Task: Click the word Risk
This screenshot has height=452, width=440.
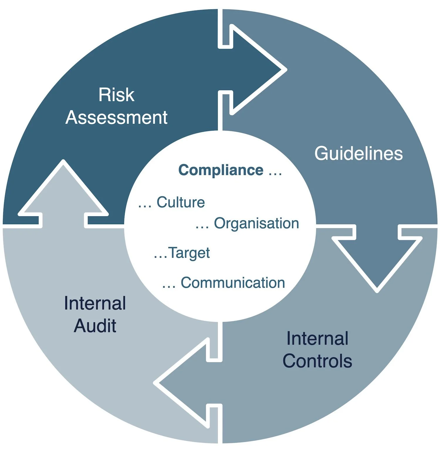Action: (116, 95)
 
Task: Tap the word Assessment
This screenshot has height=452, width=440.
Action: (116, 118)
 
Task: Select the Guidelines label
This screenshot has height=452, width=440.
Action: (358, 154)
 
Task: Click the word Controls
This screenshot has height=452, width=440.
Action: (317, 361)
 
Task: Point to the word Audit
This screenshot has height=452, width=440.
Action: (95, 326)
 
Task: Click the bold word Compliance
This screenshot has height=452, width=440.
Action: (221, 170)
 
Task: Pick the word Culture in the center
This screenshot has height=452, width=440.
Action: (181, 202)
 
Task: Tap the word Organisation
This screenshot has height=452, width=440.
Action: (256, 223)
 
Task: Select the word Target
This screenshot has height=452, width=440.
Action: (189, 253)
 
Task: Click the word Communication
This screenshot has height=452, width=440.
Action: (233, 283)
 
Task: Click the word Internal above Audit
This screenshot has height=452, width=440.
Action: (95, 303)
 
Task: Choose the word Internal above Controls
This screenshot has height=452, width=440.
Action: (317, 338)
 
